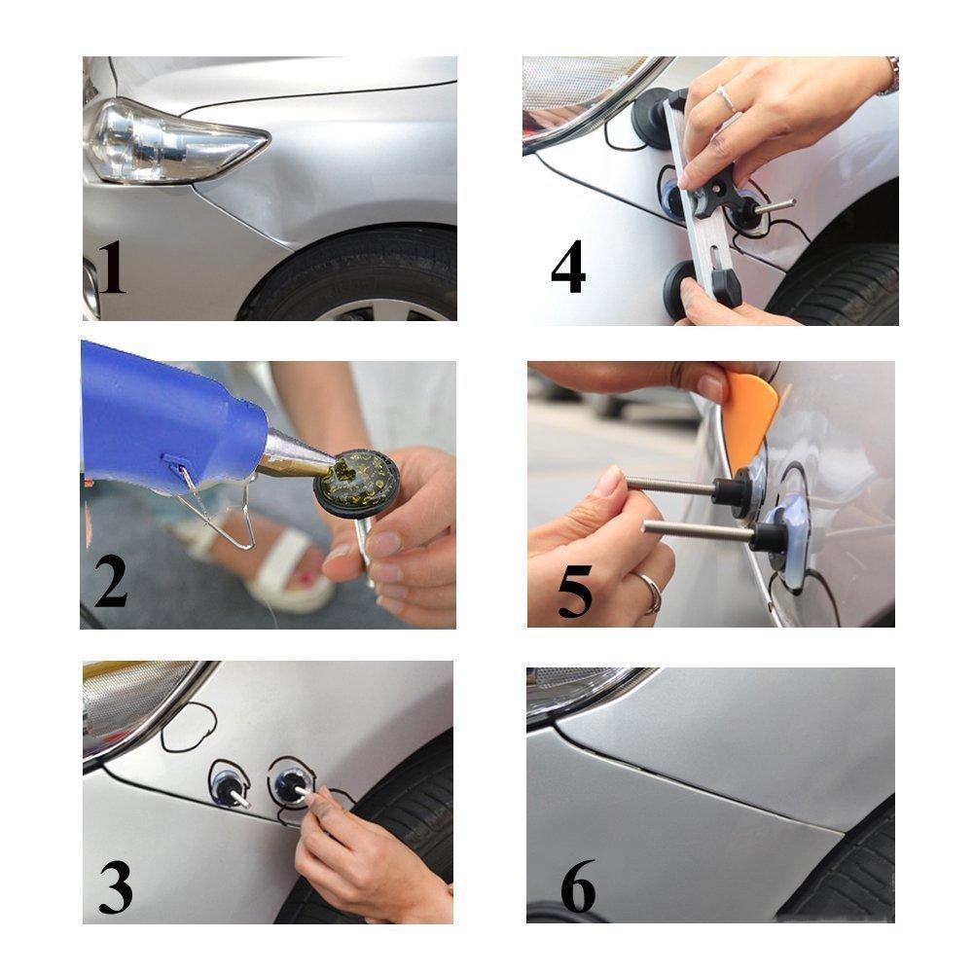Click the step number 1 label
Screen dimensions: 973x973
pos(111,268)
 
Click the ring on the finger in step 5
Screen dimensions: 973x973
pos(650,591)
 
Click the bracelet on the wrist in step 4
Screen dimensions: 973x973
pos(889,78)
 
